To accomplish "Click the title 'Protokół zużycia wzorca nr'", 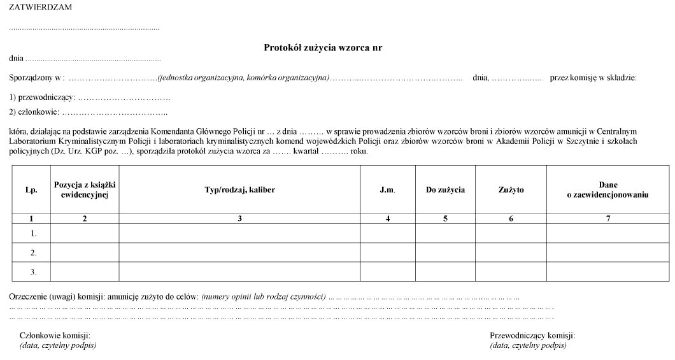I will pyautogui.click(x=323, y=47).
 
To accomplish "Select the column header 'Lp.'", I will pyautogui.click(x=31, y=190).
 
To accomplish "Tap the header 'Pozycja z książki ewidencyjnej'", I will pyautogui.click(x=85, y=190).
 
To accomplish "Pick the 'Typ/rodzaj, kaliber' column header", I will pyautogui.click(x=239, y=190).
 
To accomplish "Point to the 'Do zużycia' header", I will pyautogui.click(x=445, y=190).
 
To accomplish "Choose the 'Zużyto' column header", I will pyautogui.click(x=511, y=190).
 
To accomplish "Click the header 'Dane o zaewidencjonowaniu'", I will pyautogui.click(x=607, y=190).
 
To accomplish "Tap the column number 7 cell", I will pyautogui.click(x=607, y=219).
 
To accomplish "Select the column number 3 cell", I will pyautogui.click(x=239, y=219).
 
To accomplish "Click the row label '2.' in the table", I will pyautogui.click(x=33, y=252).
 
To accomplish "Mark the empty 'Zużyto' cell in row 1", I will pyautogui.click(x=511, y=233).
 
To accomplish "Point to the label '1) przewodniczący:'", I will pyautogui.click(x=42, y=97).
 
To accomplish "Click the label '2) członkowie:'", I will pyautogui.click(x=34, y=112).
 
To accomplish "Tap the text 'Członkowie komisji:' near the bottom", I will pyautogui.click(x=55, y=335).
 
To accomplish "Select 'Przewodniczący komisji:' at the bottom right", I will pyautogui.click(x=532, y=335).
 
